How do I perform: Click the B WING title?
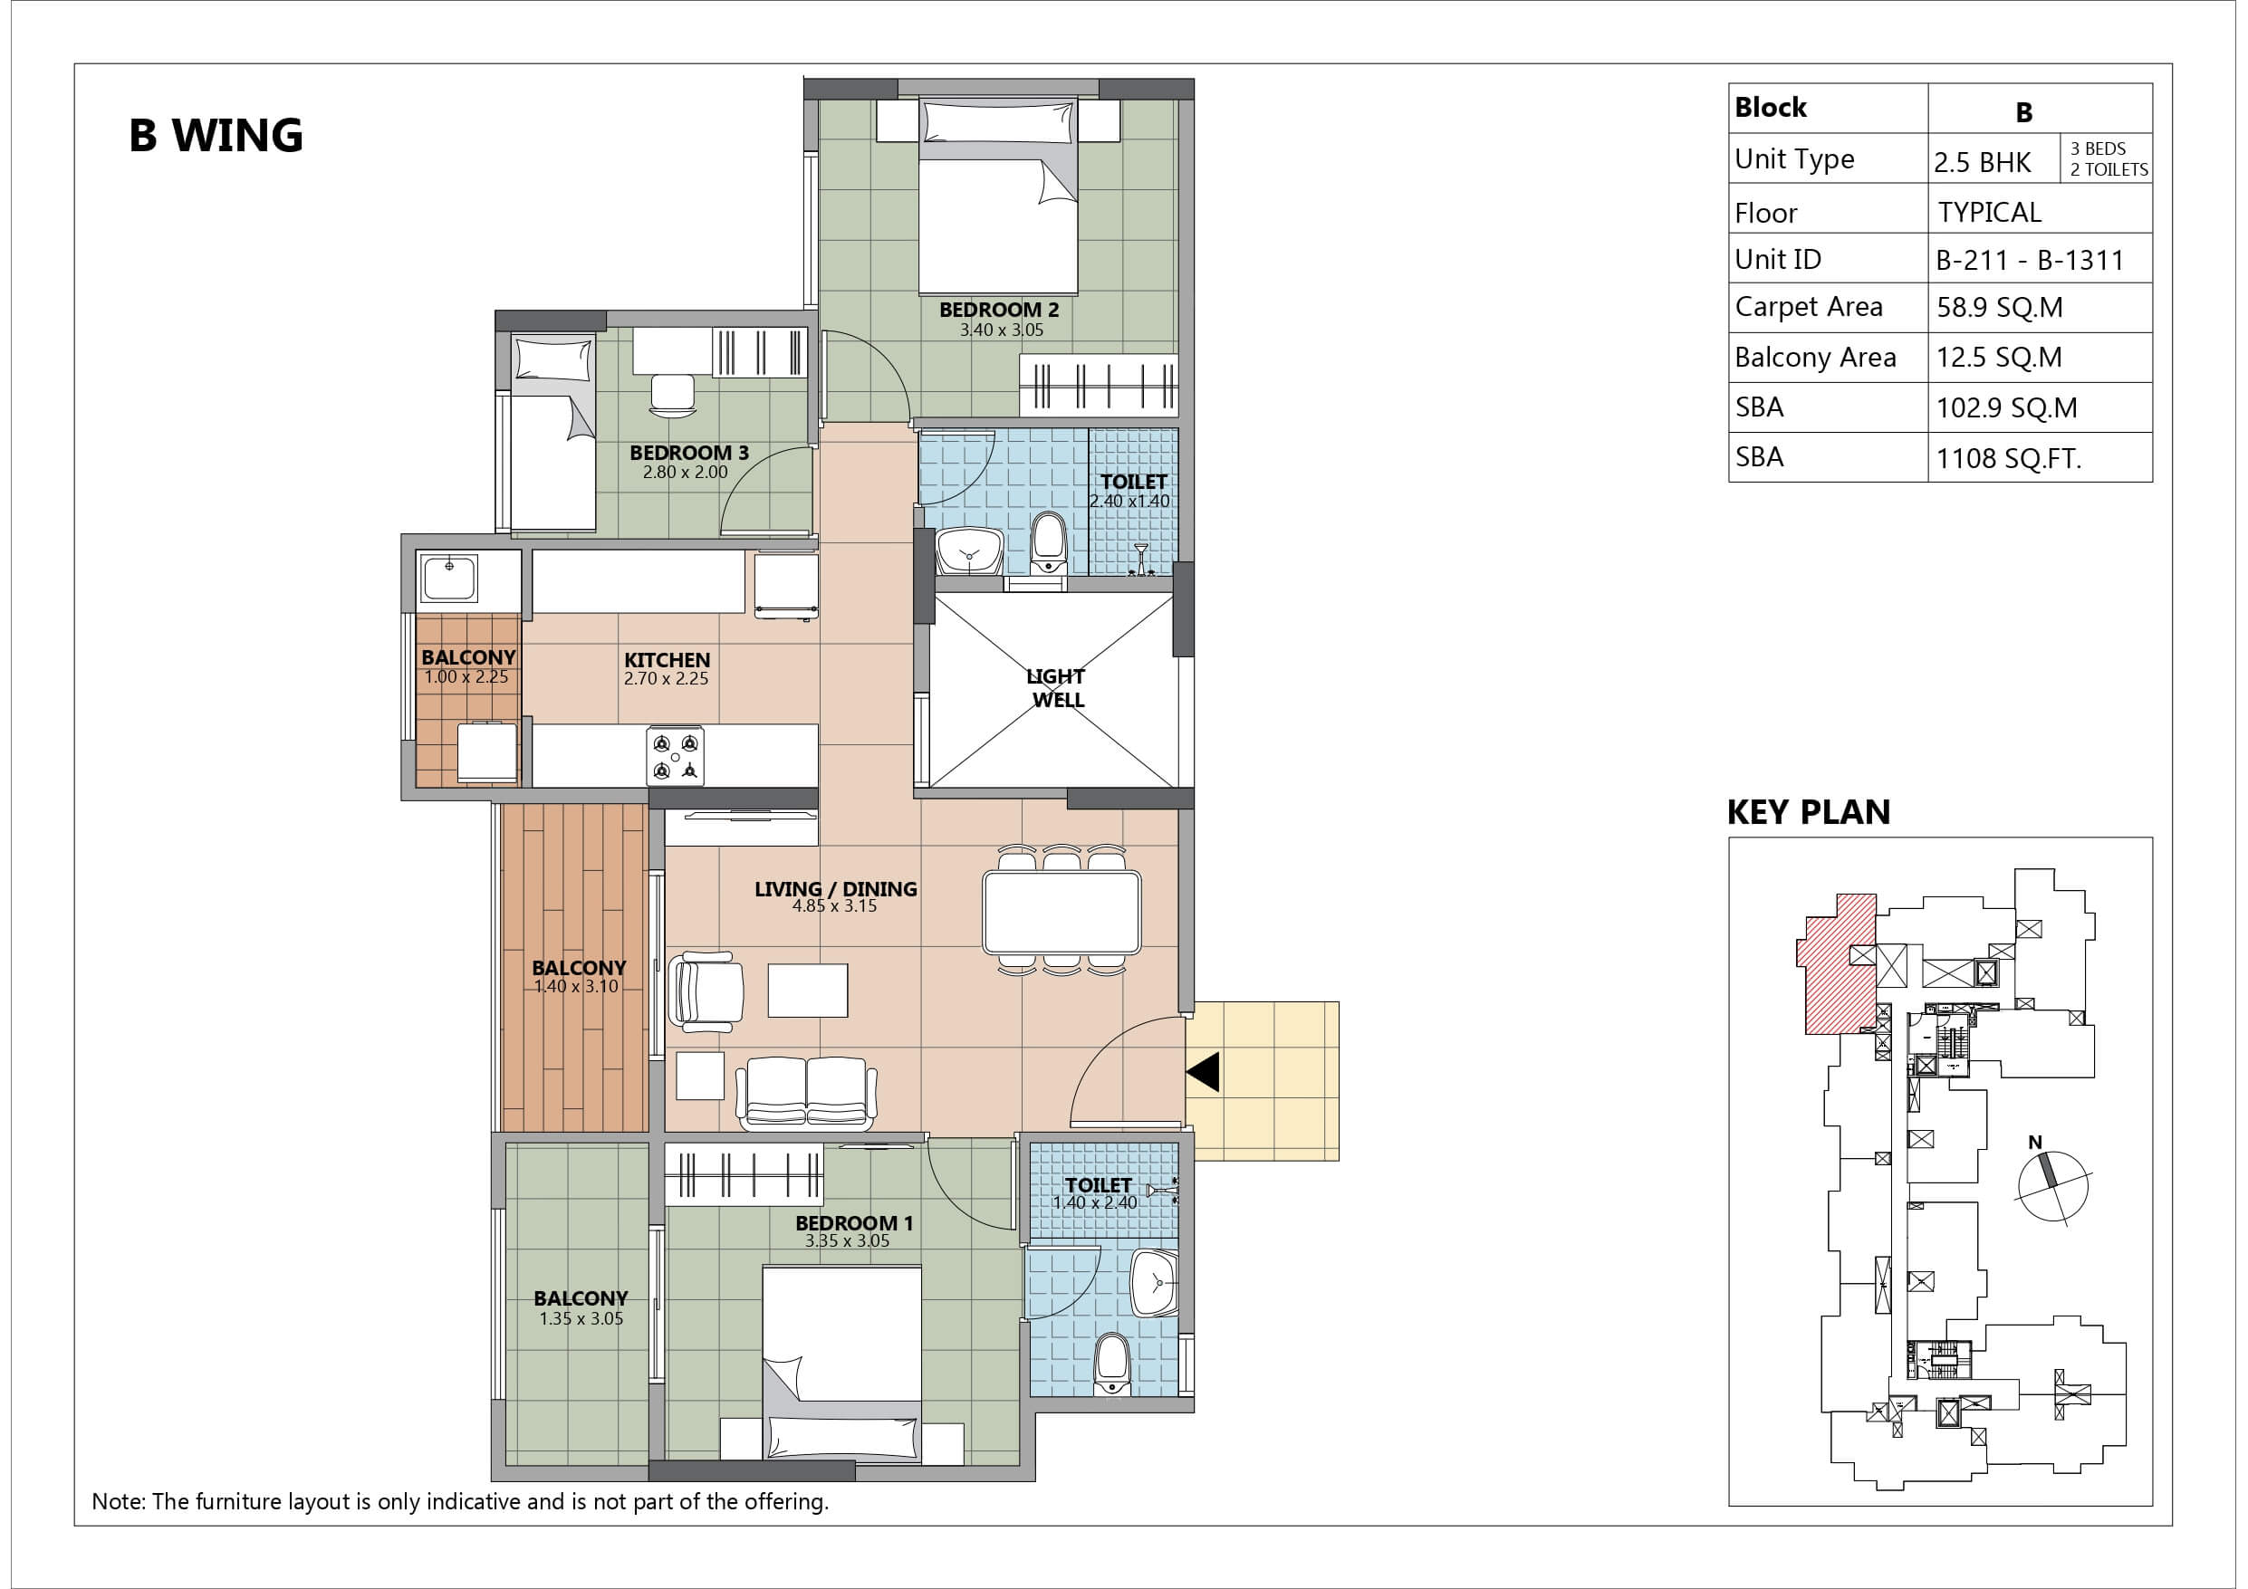coord(216,136)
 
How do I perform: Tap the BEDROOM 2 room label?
coord(999,311)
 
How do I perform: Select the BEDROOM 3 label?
coord(689,453)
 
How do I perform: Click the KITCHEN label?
coord(667,660)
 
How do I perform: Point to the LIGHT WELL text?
coord(1056,688)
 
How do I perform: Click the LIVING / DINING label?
coord(835,889)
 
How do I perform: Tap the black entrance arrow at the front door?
coord(1204,1072)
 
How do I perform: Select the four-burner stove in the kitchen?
coord(675,755)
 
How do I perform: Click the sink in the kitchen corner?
coord(449,577)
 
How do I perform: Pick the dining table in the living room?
coord(1062,913)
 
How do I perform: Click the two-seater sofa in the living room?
coord(806,1092)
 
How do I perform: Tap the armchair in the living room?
coord(705,991)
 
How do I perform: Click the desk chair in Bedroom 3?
coord(672,397)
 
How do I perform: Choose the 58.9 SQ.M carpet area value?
coord(1999,308)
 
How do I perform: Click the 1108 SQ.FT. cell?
coord(2008,458)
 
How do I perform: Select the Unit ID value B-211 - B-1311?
coord(2030,261)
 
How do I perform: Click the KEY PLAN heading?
coord(1809,813)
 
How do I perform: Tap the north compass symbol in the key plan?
coord(2051,1185)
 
